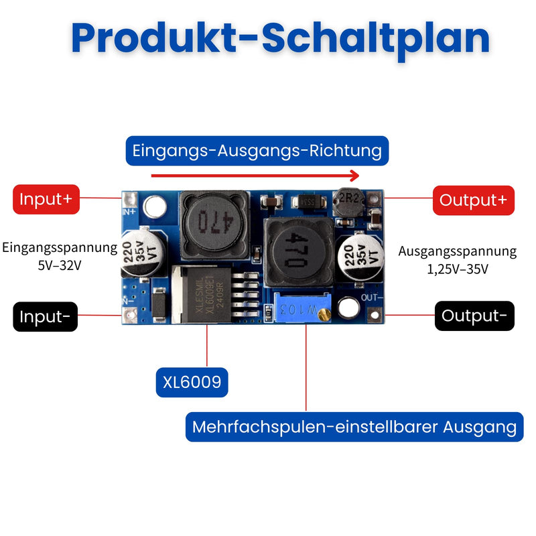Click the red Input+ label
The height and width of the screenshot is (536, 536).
46,199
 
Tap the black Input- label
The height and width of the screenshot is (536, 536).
45,316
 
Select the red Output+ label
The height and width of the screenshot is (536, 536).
474,200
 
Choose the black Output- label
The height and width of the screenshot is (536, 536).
474,316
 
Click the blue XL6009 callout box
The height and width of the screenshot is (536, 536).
192,382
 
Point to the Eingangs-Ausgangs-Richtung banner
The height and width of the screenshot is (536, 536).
257,151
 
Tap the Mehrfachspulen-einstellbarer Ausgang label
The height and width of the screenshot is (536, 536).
354,427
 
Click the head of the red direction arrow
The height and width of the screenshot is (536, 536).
355,176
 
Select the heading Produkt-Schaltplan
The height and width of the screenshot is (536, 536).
280,38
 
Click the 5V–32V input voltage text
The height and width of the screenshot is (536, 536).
60,265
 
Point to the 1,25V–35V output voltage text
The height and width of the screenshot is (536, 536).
458,269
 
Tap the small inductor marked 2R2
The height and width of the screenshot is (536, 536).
348,202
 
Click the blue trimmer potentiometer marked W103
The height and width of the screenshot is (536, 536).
303,308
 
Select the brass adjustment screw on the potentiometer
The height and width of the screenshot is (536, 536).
324,314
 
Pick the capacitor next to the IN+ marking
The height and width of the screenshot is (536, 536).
143,253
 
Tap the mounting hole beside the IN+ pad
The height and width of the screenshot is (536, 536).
155,207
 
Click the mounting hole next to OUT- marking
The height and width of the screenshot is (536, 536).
348,308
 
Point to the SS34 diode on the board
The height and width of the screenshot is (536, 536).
309,202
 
